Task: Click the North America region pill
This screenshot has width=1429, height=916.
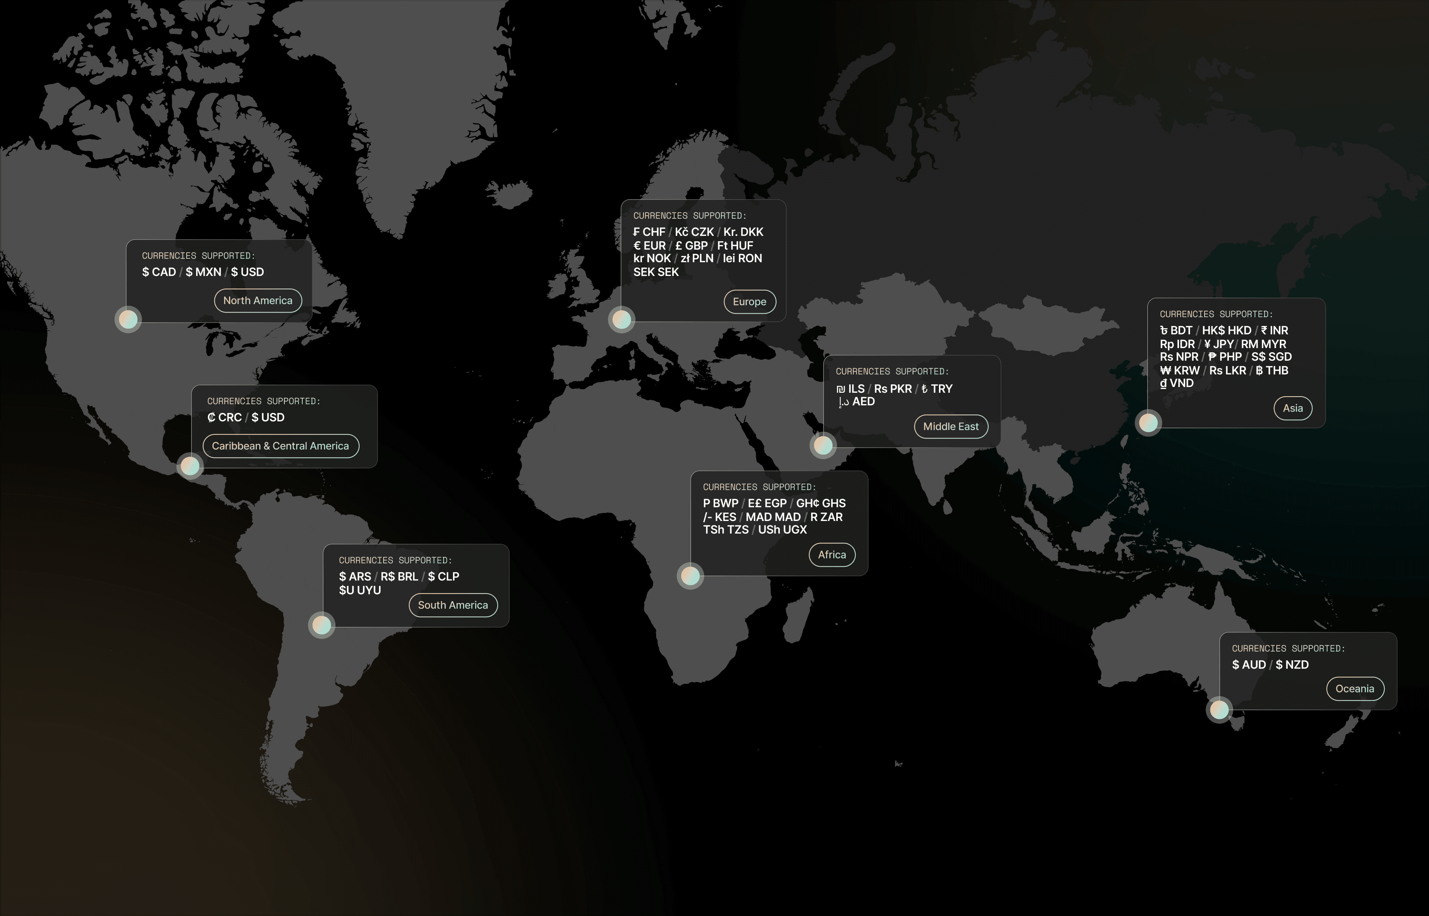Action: (258, 300)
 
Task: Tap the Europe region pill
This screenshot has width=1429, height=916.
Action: (749, 302)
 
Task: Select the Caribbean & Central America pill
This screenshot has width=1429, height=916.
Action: (280, 446)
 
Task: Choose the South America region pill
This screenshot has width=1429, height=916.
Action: (453, 605)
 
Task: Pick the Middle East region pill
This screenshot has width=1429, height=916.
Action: (950, 426)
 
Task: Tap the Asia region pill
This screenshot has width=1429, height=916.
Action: (1292, 408)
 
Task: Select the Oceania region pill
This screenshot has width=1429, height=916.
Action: (1355, 689)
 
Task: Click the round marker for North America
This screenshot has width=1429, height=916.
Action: (128, 319)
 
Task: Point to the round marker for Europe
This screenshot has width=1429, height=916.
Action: (621, 319)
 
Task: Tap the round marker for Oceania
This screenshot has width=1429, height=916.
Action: (1219, 710)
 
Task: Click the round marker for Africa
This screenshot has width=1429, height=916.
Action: (690, 576)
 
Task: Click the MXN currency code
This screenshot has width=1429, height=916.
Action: (208, 272)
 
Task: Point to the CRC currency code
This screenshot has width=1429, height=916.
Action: (229, 418)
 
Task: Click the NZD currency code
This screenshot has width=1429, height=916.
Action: (1297, 664)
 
